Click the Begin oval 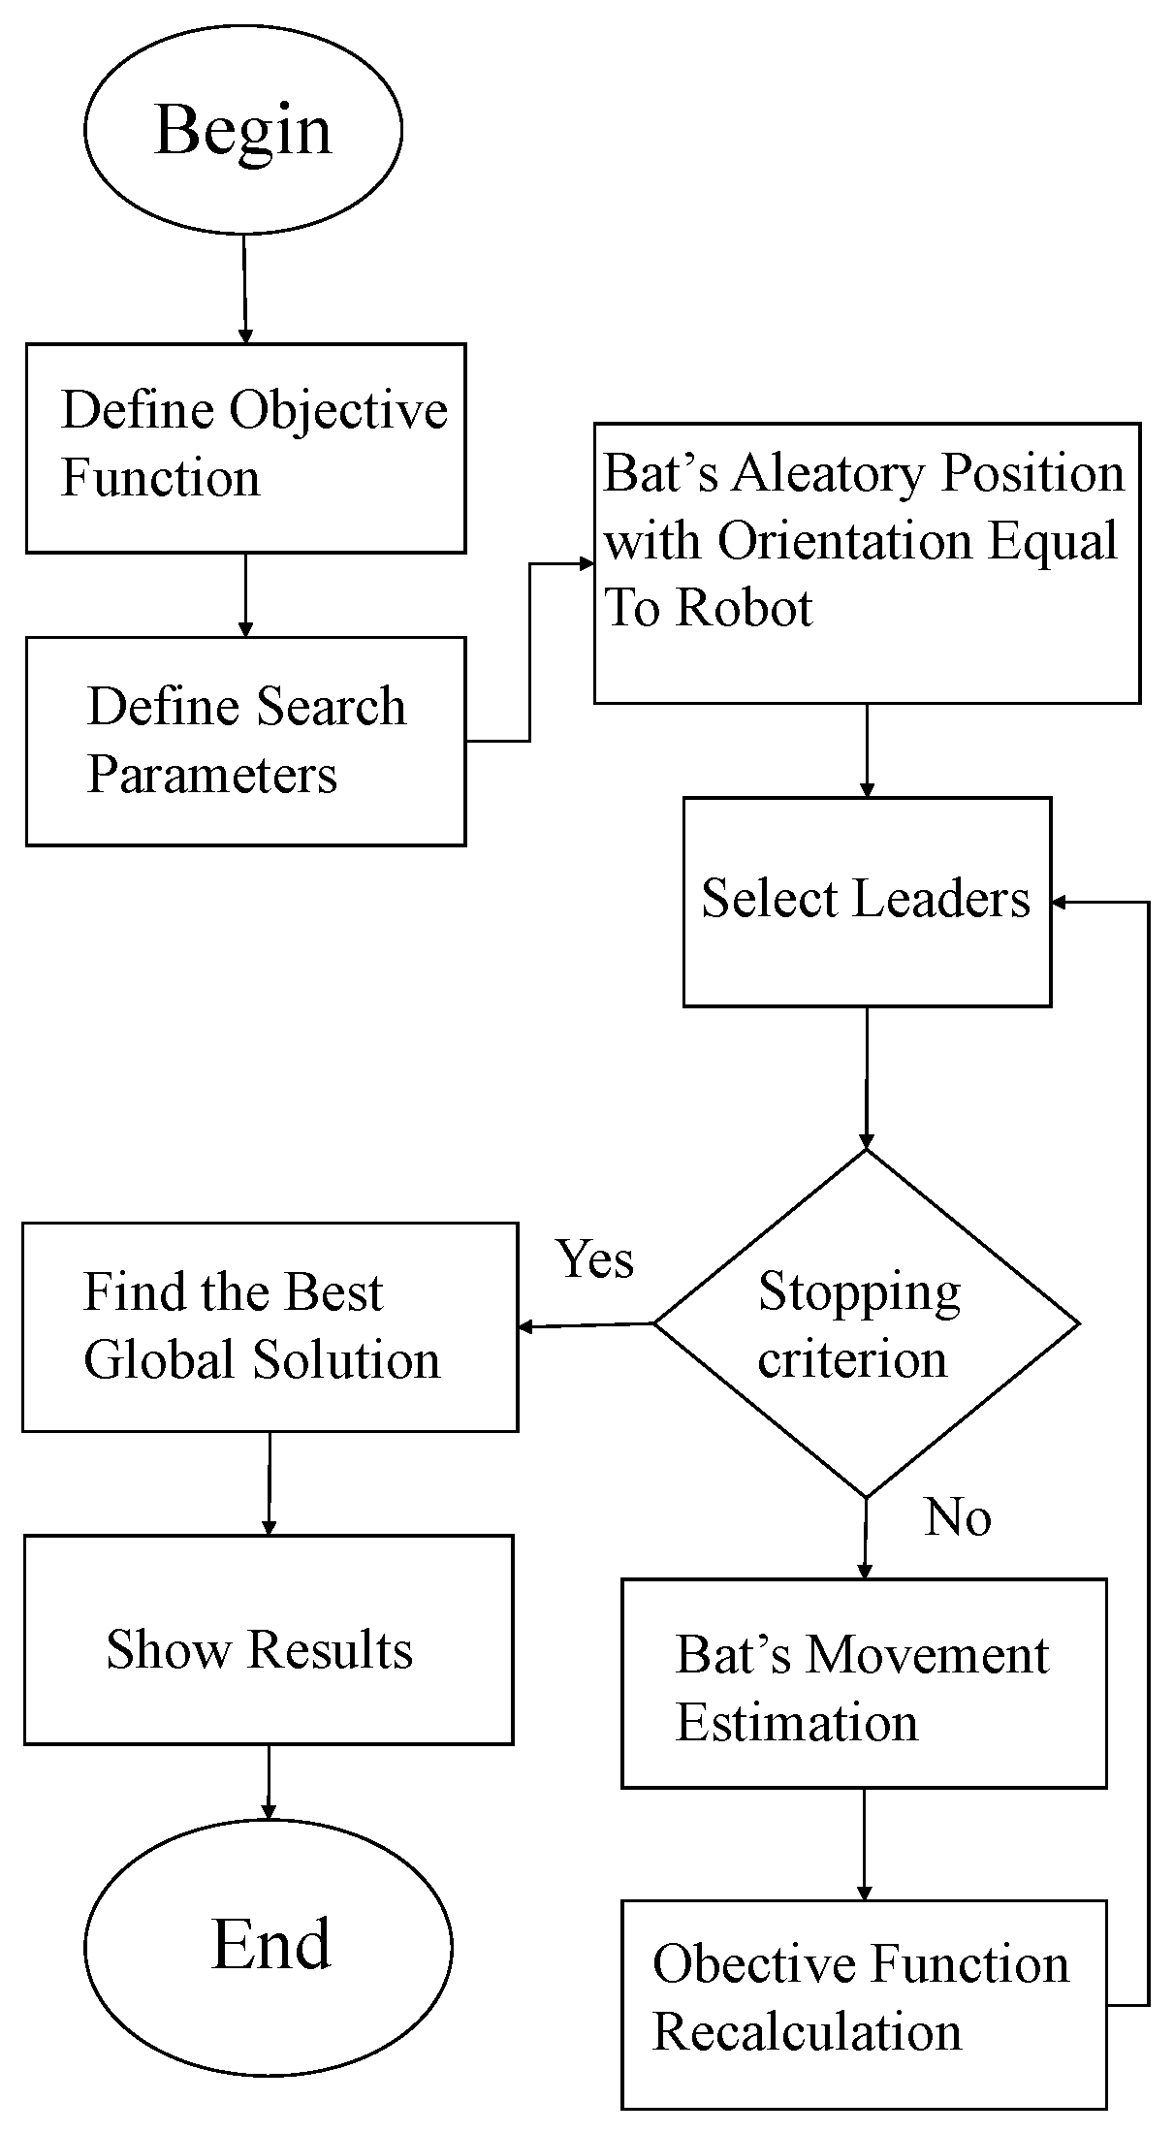click(x=242, y=129)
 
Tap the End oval click(x=269, y=1945)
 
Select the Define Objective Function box click(x=245, y=448)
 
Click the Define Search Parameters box click(x=245, y=741)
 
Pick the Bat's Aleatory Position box click(x=866, y=562)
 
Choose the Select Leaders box click(x=866, y=902)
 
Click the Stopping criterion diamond click(x=866, y=1323)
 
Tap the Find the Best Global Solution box click(x=270, y=1326)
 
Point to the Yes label click(x=594, y=1259)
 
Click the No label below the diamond click(x=957, y=1517)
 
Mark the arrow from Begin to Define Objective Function click(x=244, y=288)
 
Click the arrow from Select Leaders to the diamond click(x=866, y=1076)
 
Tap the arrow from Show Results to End click(x=269, y=1781)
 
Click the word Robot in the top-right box click(x=744, y=608)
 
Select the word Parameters click(x=212, y=775)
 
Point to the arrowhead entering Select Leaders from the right click(x=1061, y=903)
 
